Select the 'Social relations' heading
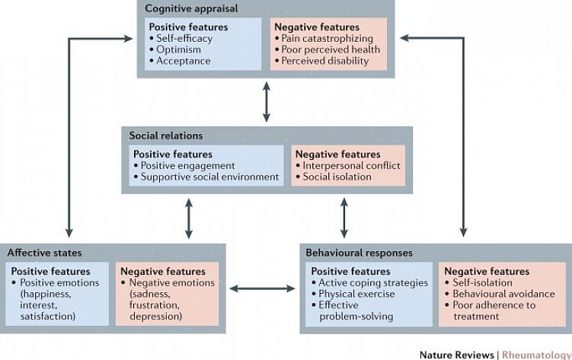pyautogui.click(x=165, y=135)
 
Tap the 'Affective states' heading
pyautogui.click(x=44, y=253)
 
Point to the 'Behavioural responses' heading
pyautogui.click(x=359, y=253)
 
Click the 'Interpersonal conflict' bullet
pyautogui.click(x=351, y=165)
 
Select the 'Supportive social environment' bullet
pyautogui.click(x=209, y=177)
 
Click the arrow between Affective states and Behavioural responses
pyautogui.click(x=263, y=288)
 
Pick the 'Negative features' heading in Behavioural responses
pyautogui.click(x=486, y=271)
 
